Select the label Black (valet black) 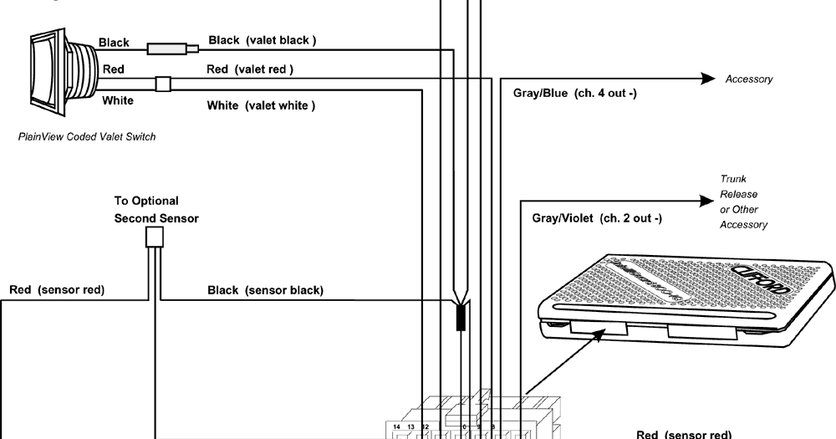(x=262, y=39)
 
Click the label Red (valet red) (x=250, y=69)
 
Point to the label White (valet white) (x=261, y=105)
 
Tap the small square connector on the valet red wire (x=163, y=83)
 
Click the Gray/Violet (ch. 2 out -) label (x=597, y=218)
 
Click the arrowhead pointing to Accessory (x=708, y=79)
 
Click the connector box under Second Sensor (x=154, y=238)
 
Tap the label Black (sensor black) (x=265, y=291)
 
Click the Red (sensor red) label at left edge (x=56, y=291)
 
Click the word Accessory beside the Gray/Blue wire (x=748, y=79)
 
